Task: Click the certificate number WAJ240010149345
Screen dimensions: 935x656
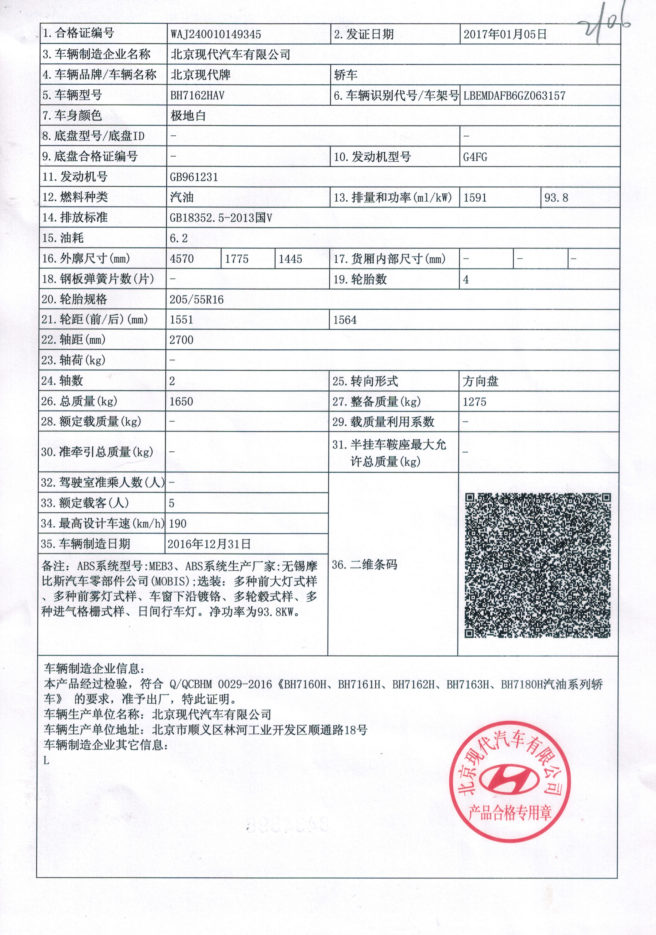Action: coord(216,34)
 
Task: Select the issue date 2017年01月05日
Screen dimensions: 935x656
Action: coord(505,34)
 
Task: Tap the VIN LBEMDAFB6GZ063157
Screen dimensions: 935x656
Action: coord(514,96)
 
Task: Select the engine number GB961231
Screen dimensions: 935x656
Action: coord(194,177)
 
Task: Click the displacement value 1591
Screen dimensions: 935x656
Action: coord(475,198)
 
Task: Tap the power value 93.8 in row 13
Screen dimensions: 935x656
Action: coord(556,198)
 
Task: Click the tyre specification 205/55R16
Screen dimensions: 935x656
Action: coord(197,300)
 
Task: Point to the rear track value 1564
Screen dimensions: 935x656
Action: coord(345,320)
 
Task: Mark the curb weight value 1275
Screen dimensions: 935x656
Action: coord(475,402)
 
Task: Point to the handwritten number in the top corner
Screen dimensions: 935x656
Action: coord(603,25)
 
